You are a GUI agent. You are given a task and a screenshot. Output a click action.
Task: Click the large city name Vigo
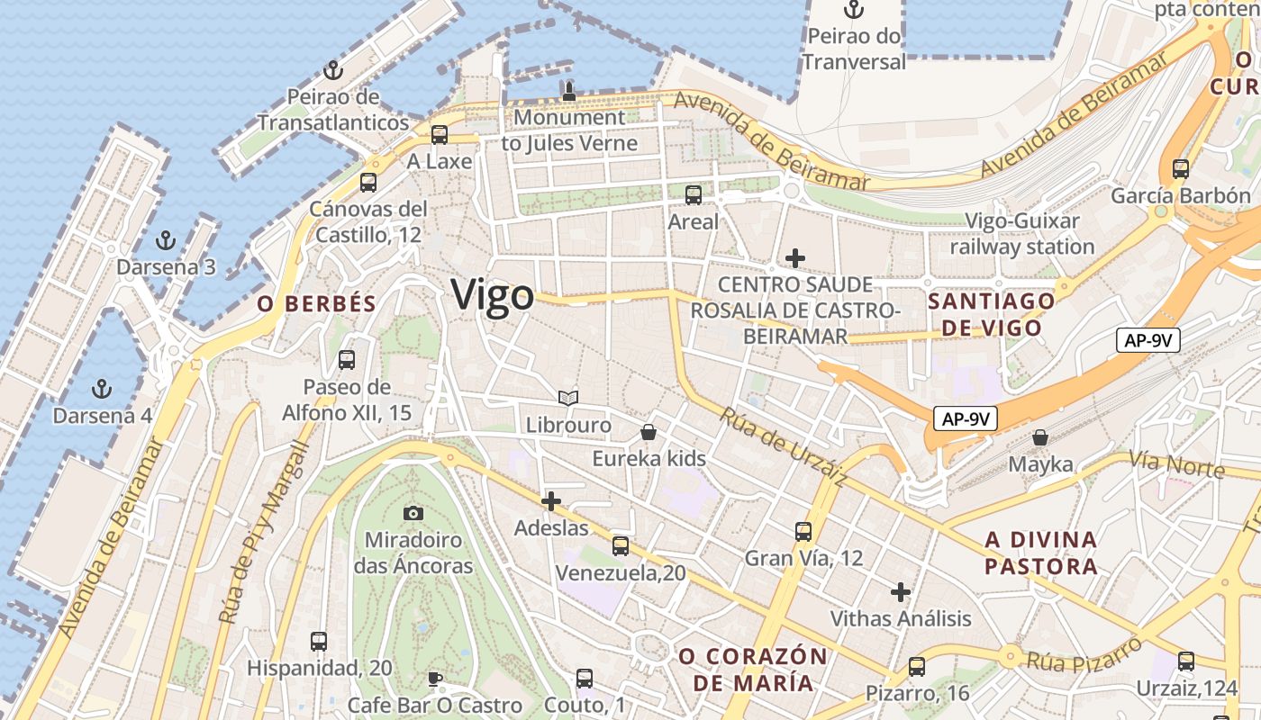492,295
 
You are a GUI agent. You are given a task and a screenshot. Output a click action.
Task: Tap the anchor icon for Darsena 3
165,240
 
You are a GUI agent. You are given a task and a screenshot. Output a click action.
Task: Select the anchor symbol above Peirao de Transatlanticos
333,69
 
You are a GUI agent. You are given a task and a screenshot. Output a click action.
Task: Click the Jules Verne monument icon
568,91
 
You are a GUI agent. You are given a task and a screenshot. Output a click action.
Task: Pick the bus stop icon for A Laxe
440,135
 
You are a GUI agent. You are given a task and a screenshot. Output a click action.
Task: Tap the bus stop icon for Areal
694,194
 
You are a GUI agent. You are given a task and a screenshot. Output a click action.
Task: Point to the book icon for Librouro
567,398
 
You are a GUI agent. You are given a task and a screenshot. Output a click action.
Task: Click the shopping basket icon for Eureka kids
649,432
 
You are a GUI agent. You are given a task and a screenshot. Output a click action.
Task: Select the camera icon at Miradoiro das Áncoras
413,513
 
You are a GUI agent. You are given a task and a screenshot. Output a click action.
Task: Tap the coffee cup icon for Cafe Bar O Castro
435,678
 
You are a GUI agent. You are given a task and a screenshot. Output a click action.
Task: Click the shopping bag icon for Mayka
1040,437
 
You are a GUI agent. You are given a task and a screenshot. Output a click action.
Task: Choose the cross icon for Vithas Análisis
900,592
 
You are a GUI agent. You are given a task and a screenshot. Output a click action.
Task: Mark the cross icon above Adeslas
551,500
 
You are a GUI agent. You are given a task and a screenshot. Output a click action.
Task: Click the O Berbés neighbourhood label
316,304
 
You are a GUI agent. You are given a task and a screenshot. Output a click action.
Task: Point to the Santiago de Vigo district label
991,314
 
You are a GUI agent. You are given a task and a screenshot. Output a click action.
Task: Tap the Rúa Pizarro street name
1084,654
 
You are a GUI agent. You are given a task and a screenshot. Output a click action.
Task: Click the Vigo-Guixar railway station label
1022,234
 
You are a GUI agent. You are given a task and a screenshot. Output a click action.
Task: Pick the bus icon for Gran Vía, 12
803,531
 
